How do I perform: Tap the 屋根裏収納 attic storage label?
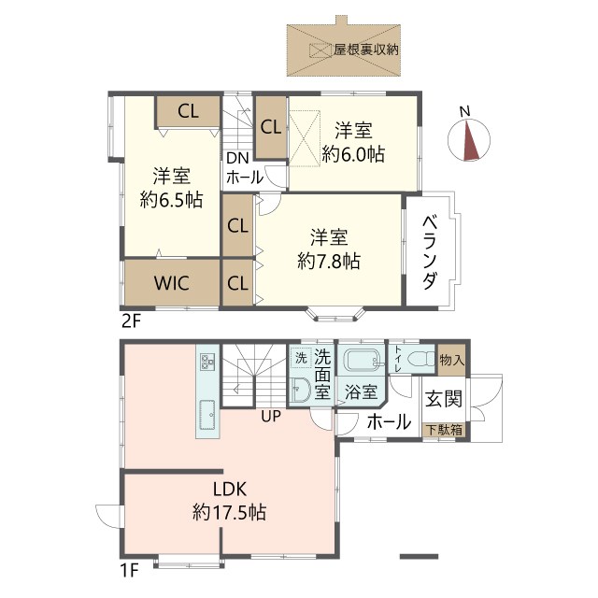366,49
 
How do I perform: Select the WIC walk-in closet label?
173,283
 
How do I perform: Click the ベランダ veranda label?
431,251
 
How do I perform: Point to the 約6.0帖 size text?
353,155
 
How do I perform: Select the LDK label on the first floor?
229,489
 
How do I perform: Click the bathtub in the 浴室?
360,362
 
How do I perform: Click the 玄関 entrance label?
444,399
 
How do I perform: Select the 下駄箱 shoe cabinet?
444,431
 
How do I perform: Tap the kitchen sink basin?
206,410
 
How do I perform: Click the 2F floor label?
130,321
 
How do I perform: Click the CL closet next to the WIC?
237,283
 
